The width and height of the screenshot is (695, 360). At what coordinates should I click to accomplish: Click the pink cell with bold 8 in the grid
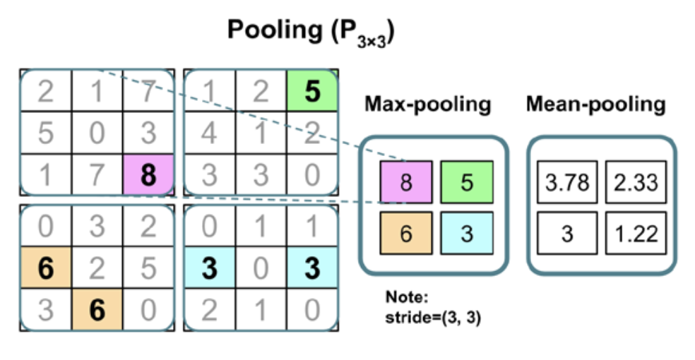click(148, 174)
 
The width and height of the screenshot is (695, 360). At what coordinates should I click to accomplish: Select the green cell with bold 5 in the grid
click(311, 92)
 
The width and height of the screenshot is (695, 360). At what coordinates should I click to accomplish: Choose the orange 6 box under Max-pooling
click(405, 233)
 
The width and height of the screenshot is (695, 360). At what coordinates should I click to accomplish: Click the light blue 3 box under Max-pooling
click(465, 233)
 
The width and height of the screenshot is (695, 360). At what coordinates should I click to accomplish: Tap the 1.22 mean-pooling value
click(632, 233)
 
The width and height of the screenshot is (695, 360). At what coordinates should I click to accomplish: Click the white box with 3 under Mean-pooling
click(566, 233)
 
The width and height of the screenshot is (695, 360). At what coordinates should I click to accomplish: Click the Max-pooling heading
click(427, 104)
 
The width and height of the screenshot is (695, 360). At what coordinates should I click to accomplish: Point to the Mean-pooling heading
click(595, 104)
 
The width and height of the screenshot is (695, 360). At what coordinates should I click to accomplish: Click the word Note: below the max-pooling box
click(400, 297)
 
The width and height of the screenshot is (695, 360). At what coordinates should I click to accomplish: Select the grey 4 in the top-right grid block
click(208, 133)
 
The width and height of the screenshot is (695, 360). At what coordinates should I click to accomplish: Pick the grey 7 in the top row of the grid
click(148, 92)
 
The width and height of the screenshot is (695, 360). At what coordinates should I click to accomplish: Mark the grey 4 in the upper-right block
click(208, 133)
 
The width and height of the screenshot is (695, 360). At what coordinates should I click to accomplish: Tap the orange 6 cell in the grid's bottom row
click(97, 310)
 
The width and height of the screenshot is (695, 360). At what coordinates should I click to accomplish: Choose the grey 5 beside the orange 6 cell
click(148, 268)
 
